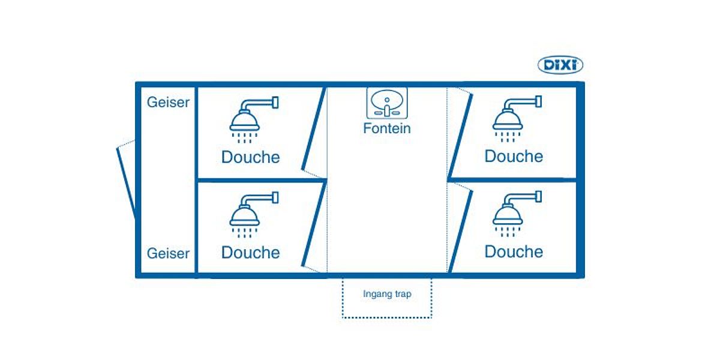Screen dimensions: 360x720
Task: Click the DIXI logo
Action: click(x=560, y=65)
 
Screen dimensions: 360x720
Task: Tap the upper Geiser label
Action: click(x=168, y=102)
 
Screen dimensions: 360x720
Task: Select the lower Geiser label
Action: click(x=168, y=253)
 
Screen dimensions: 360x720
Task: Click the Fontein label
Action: click(x=387, y=128)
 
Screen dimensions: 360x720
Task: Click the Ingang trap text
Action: click(x=387, y=295)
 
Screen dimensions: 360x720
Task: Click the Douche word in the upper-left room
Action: click(x=250, y=157)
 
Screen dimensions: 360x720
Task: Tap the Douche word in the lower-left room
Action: click(x=250, y=253)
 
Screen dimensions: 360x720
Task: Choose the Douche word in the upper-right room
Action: click(x=514, y=156)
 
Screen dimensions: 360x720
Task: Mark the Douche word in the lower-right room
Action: click(x=514, y=251)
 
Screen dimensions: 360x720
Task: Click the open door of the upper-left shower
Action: click(x=314, y=128)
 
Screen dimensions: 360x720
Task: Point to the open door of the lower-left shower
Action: click(x=314, y=226)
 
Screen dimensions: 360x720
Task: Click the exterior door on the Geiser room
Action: click(x=127, y=180)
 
